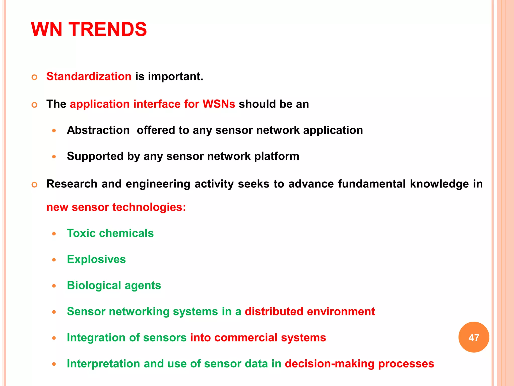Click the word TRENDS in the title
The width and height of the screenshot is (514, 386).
tap(108, 29)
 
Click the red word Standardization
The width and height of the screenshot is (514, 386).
tap(89, 76)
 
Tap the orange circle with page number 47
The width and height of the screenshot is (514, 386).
tap(474, 337)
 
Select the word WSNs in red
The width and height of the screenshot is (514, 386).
tap(219, 104)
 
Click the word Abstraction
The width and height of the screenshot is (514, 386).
tap(98, 130)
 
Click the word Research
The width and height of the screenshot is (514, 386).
tap(72, 184)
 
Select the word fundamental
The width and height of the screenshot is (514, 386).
tap(372, 184)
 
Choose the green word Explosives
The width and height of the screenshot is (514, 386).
tap(96, 259)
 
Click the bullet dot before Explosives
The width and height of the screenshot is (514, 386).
tap(54, 260)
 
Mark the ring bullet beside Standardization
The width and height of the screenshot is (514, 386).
tap(35, 77)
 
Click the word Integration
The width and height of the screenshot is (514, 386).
tap(96, 337)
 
